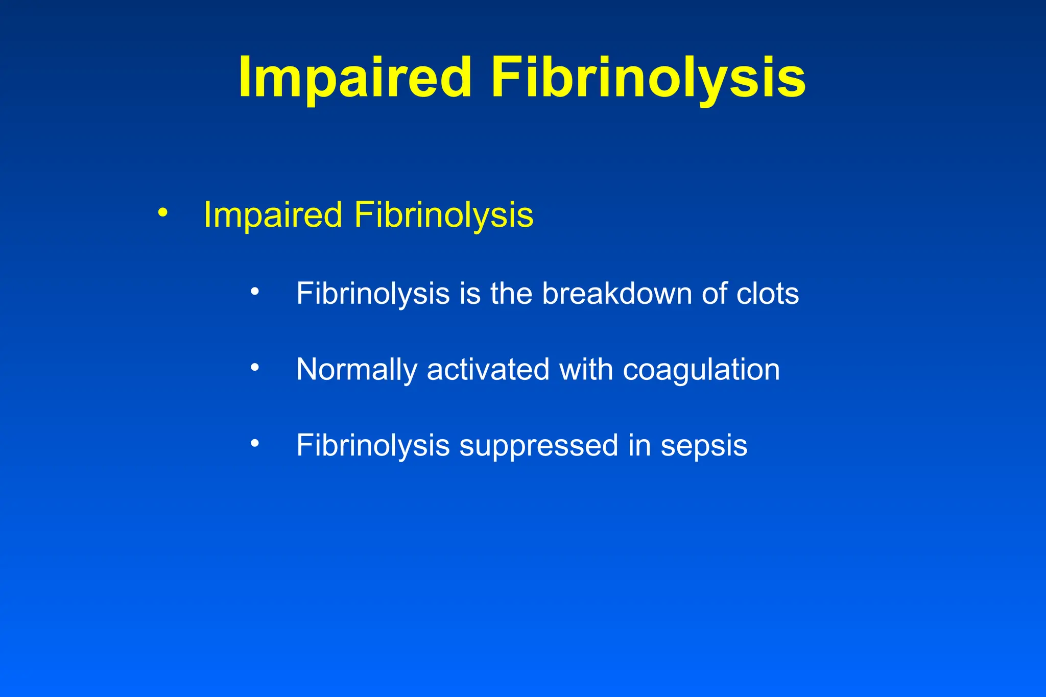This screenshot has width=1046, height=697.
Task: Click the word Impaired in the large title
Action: click(354, 78)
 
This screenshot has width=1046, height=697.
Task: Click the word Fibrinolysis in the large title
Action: click(648, 78)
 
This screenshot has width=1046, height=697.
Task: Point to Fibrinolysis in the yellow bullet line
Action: click(443, 214)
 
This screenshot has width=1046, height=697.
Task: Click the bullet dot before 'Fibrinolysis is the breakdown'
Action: click(255, 292)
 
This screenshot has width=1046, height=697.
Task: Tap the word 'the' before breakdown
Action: click(511, 294)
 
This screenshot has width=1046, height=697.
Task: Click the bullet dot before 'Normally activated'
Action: click(255, 367)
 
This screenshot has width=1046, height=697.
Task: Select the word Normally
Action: click(356, 370)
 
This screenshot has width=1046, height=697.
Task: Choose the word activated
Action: click(488, 370)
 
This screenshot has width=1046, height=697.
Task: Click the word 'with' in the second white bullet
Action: click(586, 370)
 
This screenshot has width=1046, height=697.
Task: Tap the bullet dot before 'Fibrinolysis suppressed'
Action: click(255, 443)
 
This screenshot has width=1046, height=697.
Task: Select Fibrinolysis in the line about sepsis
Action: click(373, 445)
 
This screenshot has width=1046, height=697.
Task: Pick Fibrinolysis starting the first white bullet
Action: click(373, 294)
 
